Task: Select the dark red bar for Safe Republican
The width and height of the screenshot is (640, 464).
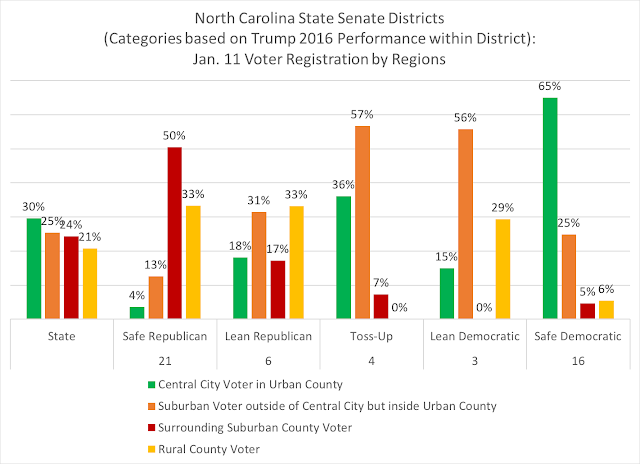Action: pyautogui.click(x=174, y=233)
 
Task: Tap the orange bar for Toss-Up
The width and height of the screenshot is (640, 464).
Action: pyautogui.click(x=362, y=222)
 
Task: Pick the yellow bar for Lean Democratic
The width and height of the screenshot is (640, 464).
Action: pyautogui.click(x=502, y=269)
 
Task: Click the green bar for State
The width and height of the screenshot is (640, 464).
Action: pyautogui.click(x=34, y=268)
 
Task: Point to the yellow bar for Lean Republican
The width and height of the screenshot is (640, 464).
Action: pyautogui.click(x=296, y=262)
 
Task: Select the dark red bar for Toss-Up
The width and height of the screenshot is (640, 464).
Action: pyautogui.click(x=380, y=306)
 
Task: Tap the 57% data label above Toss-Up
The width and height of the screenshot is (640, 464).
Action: pyautogui.click(x=363, y=116)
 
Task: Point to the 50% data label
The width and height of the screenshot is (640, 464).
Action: pyautogui.click(x=174, y=137)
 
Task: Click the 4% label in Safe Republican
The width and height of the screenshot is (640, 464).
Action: pyautogui.click(x=137, y=297)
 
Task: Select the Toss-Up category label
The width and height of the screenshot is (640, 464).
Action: pyautogui.click(x=371, y=337)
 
